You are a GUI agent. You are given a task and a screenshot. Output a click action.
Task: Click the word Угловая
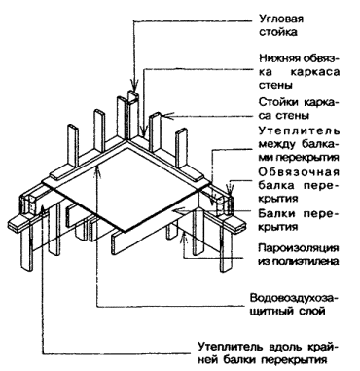pyautogui.click(x=281, y=19)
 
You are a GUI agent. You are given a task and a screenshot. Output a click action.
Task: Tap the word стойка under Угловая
pyautogui.click(x=278, y=32)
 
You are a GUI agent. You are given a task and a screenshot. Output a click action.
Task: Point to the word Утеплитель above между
pyautogui.click(x=299, y=130)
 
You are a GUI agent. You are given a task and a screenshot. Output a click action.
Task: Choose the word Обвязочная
pyautogui.click(x=299, y=171)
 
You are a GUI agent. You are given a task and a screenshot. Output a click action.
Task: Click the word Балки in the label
pyautogui.click(x=276, y=213)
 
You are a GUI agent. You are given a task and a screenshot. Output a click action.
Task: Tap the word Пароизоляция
pyautogui.click(x=299, y=248)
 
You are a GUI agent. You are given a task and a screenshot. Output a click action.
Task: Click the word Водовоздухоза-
pyautogui.click(x=294, y=298)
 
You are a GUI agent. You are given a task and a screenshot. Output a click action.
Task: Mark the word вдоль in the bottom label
pyautogui.click(x=284, y=347)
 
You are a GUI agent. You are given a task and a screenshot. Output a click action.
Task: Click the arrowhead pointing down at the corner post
pyautogui.click(x=133, y=88)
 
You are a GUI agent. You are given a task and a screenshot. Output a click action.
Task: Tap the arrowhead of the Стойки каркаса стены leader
pyautogui.click(x=164, y=116)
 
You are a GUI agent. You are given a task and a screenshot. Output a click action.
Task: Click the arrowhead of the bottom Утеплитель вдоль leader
pyautogui.click(x=43, y=208)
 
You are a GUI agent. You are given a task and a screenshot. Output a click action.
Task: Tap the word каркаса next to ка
pyautogui.click(x=315, y=71)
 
